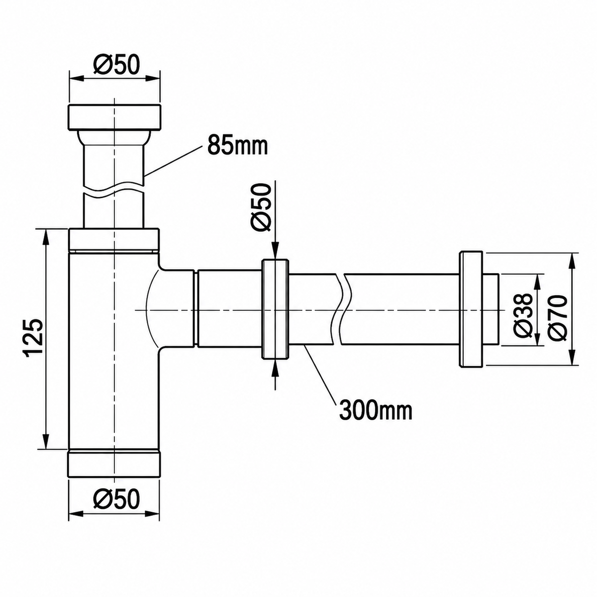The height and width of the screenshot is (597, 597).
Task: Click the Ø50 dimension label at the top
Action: (x=116, y=65)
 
